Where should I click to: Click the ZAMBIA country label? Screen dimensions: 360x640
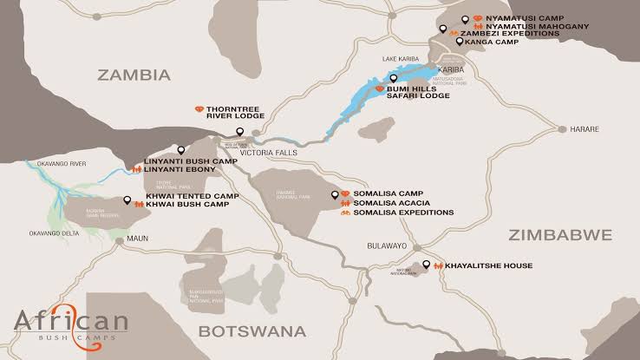tap(134, 75)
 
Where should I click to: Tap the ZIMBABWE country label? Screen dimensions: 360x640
tap(560, 234)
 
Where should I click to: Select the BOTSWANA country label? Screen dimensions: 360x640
tap(252, 331)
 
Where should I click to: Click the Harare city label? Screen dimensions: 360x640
tap(584, 129)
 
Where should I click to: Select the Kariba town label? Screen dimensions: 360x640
tap(452, 69)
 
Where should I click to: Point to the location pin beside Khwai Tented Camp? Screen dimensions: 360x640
tap(127, 200)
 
